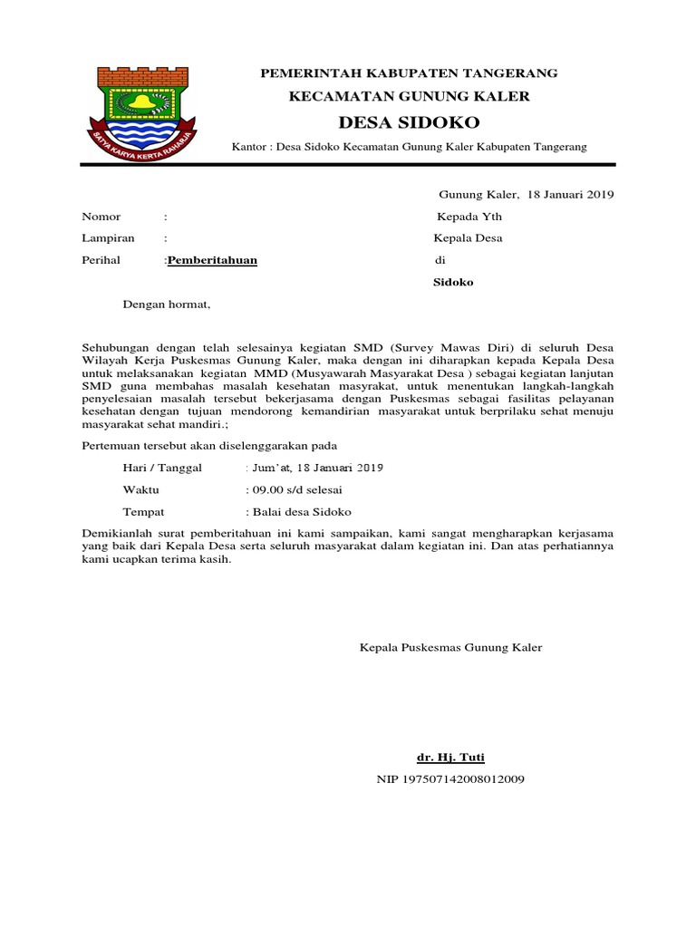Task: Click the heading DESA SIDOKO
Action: tap(409, 122)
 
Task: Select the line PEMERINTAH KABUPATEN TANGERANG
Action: tap(409, 72)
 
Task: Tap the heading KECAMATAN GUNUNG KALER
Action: tap(409, 96)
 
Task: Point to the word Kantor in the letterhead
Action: tap(250, 146)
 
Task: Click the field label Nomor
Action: tap(101, 217)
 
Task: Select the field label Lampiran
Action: tap(108, 238)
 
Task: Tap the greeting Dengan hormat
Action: tap(166, 304)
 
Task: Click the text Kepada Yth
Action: tap(469, 217)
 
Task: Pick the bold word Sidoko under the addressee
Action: tap(454, 282)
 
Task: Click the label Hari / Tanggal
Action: tap(163, 468)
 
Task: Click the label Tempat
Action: tap(143, 512)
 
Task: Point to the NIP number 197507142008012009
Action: tap(450, 779)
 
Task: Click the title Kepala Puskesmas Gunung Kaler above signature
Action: tap(450, 648)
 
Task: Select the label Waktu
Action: tap(140, 490)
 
